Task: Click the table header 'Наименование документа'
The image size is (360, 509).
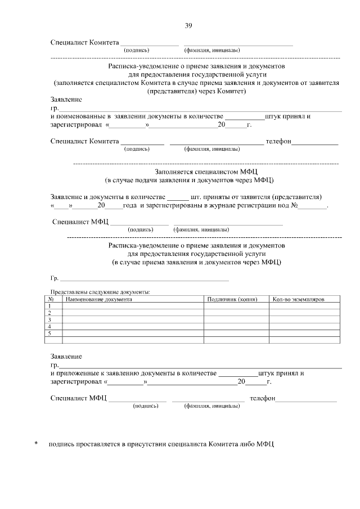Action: coord(99,299)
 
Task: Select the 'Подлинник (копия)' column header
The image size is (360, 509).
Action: coord(232,299)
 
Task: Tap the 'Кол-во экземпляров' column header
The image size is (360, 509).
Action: coord(299,299)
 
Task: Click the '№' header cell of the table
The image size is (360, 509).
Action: coord(51,299)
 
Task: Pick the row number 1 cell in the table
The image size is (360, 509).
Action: coord(50,306)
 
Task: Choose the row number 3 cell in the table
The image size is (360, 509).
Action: coord(50,319)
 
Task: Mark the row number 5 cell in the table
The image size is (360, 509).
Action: coord(50,333)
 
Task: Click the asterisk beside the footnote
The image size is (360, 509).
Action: coord(36,444)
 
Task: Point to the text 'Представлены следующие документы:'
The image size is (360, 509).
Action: coord(101,292)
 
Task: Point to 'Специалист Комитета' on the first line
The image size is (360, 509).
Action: coord(84,42)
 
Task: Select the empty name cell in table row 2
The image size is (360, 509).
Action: coord(132,313)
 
